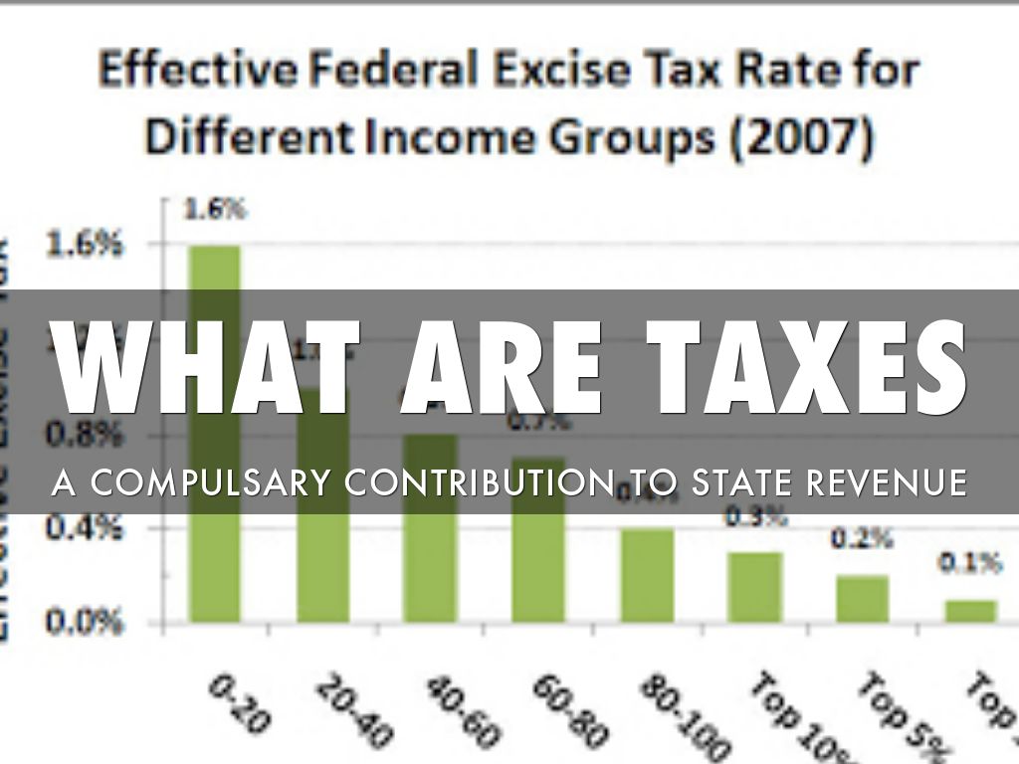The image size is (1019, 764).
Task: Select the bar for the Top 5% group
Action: coord(862,599)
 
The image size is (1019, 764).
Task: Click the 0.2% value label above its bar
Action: coord(862,540)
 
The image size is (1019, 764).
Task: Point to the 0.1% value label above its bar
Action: coord(969,564)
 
